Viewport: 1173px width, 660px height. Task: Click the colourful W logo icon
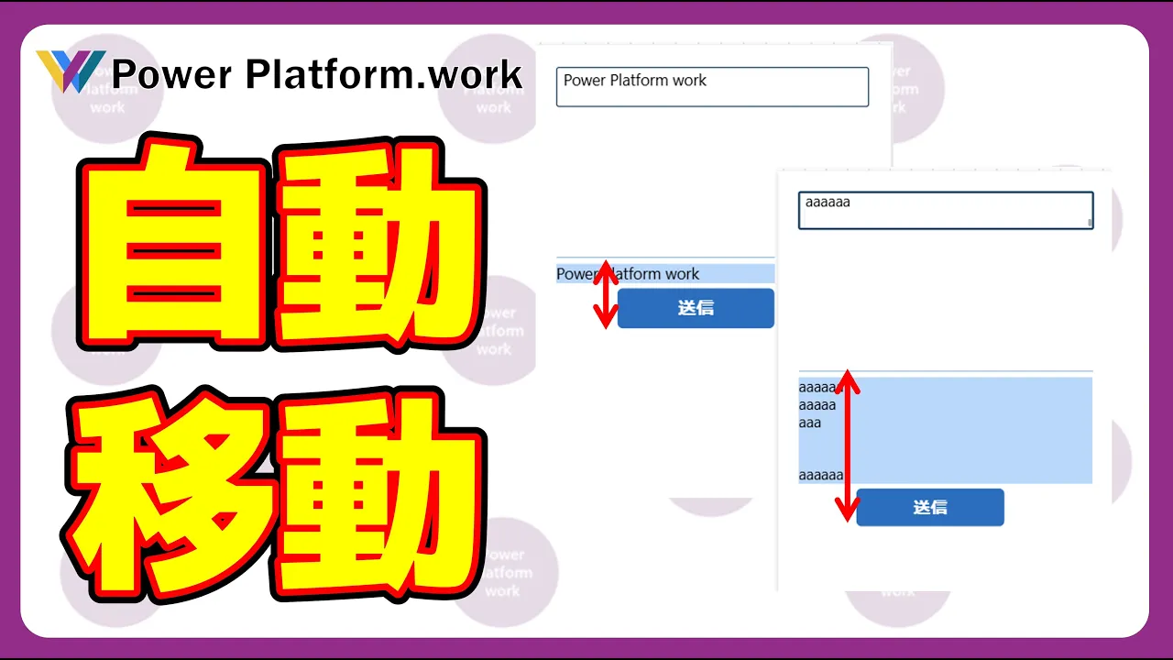[x=71, y=71]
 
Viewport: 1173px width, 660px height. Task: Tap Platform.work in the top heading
[x=384, y=74]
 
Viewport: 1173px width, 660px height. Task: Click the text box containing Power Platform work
[x=712, y=87]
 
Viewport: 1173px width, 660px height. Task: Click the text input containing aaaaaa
[x=945, y=210]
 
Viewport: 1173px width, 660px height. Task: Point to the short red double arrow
[x=606, y=294]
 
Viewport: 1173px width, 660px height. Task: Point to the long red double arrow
[x=848, y=445]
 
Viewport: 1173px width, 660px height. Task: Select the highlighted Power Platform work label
[x=664, y=274]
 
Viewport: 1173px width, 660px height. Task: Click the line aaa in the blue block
[x=809, y=423]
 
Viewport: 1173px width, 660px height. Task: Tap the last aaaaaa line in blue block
[x=820, y=475]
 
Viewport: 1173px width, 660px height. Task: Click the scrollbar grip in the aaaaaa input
[x=1090, y=222]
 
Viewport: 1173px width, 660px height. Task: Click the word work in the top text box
[x=689, y=81]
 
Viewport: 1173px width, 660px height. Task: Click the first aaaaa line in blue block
[x=817, y=388]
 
